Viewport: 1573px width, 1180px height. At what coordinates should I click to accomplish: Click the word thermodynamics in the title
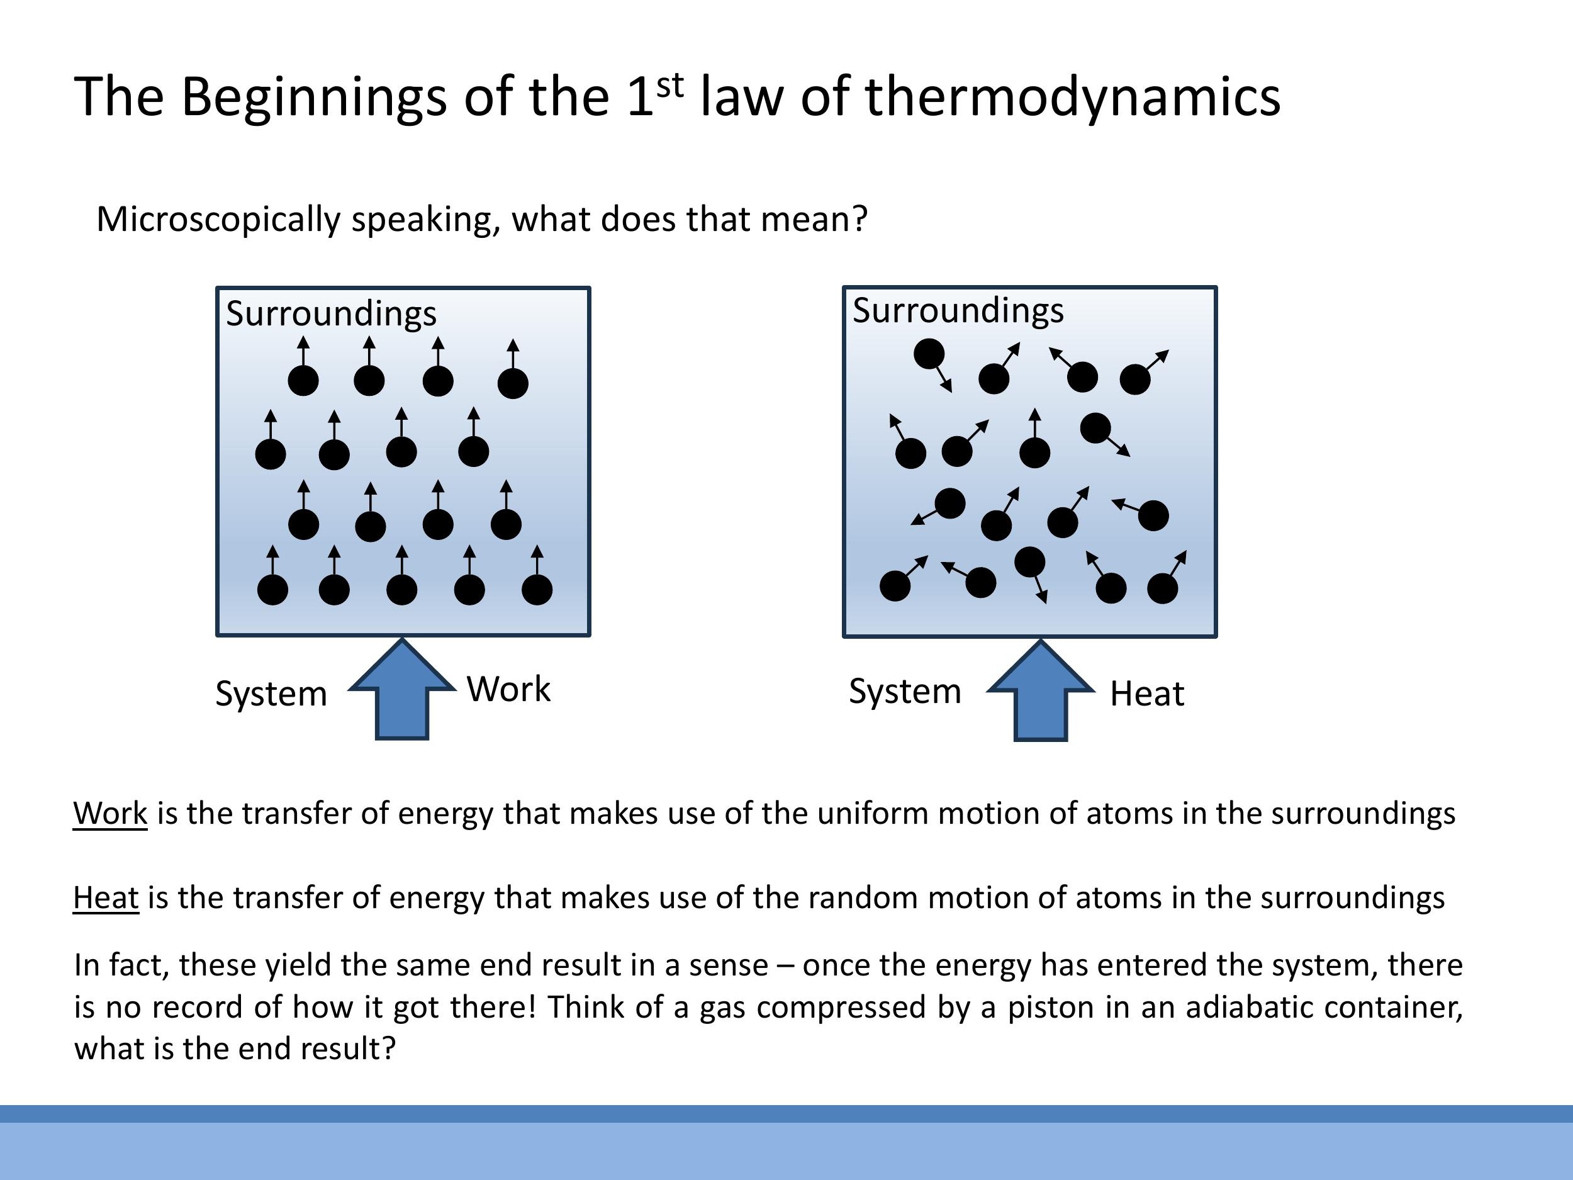point(1072,97)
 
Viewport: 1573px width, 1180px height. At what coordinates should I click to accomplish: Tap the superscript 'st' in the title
point(669,86)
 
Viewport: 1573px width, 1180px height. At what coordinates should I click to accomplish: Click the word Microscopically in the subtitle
point(218,219)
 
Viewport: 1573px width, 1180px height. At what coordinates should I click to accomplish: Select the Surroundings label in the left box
point(331,313)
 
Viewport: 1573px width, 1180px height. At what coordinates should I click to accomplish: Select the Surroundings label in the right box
point(958,311)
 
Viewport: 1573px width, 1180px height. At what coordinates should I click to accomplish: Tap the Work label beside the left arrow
point(508,689)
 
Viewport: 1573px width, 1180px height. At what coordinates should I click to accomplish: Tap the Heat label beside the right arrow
point(1147,694)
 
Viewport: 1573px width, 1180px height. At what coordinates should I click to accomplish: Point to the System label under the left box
point(271,694)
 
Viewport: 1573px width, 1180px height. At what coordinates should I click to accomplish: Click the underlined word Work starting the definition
point(110,813)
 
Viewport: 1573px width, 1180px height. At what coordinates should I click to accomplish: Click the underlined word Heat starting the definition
point(106,897)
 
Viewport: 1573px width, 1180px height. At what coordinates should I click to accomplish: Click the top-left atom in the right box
point(929,354)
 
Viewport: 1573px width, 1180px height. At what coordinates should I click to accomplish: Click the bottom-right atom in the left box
point(537,590)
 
